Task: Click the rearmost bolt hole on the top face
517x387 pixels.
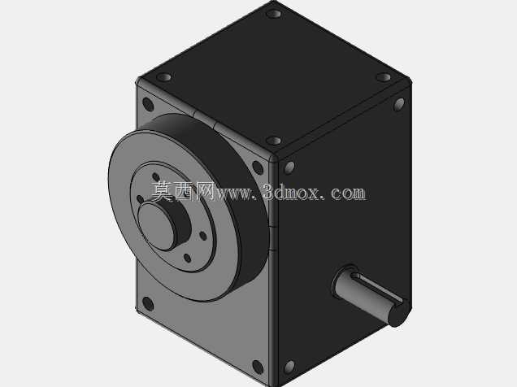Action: (273, 14)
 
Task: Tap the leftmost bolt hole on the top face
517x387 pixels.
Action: (164, 77)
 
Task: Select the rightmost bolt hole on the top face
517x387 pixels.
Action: (384, 77)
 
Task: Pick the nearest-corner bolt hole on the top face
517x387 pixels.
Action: (273, 141)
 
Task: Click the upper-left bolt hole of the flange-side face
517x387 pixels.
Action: (148, 104)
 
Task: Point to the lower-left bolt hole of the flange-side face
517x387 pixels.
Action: (148, 303)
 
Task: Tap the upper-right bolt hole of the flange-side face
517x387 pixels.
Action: (258, 167)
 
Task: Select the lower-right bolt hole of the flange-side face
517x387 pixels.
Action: (258, 367)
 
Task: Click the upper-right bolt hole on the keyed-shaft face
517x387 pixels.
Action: (399, 104)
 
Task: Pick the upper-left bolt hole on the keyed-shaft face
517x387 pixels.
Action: (289, 167)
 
